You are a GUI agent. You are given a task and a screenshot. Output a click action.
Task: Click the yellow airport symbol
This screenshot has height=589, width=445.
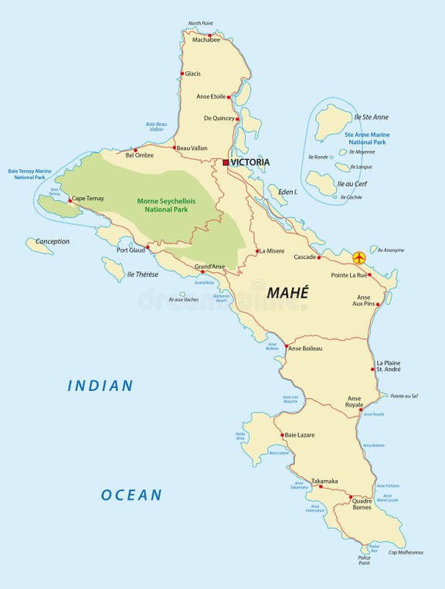[x=358, y=257]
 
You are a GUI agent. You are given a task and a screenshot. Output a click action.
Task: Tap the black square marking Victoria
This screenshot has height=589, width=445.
[x=226, y=162]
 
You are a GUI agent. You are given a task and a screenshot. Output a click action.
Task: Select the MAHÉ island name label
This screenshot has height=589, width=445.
[x=287, y=293]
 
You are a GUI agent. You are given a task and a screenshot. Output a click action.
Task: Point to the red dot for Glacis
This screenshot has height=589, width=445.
[x=182, y=74]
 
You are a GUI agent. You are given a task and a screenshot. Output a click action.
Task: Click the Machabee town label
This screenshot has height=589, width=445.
[x=206, y=39]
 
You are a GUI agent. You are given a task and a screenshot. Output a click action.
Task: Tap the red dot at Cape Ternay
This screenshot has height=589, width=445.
[x=70, y=200]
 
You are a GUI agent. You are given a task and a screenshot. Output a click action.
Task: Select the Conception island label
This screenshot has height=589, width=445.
[x=53, y=241]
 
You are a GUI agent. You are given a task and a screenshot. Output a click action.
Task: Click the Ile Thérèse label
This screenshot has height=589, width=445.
[x=142, y=274]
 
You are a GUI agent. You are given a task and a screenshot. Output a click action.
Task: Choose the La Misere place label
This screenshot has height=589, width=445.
[x=272, y=251]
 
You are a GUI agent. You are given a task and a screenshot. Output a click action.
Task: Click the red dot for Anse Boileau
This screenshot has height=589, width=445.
[x=285, y=348]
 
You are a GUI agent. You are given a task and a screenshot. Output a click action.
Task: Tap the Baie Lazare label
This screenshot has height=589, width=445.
[x=300, y=435]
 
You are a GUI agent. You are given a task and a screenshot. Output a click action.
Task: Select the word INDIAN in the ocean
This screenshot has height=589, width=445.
[x=100, y=385]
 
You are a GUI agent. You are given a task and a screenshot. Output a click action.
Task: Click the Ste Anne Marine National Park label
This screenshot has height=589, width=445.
[x=367, y=138]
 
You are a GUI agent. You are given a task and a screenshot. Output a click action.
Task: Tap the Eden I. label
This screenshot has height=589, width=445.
[x=287, y=191]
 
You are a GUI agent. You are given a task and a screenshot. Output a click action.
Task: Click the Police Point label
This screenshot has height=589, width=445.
[x=364, y=560]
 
